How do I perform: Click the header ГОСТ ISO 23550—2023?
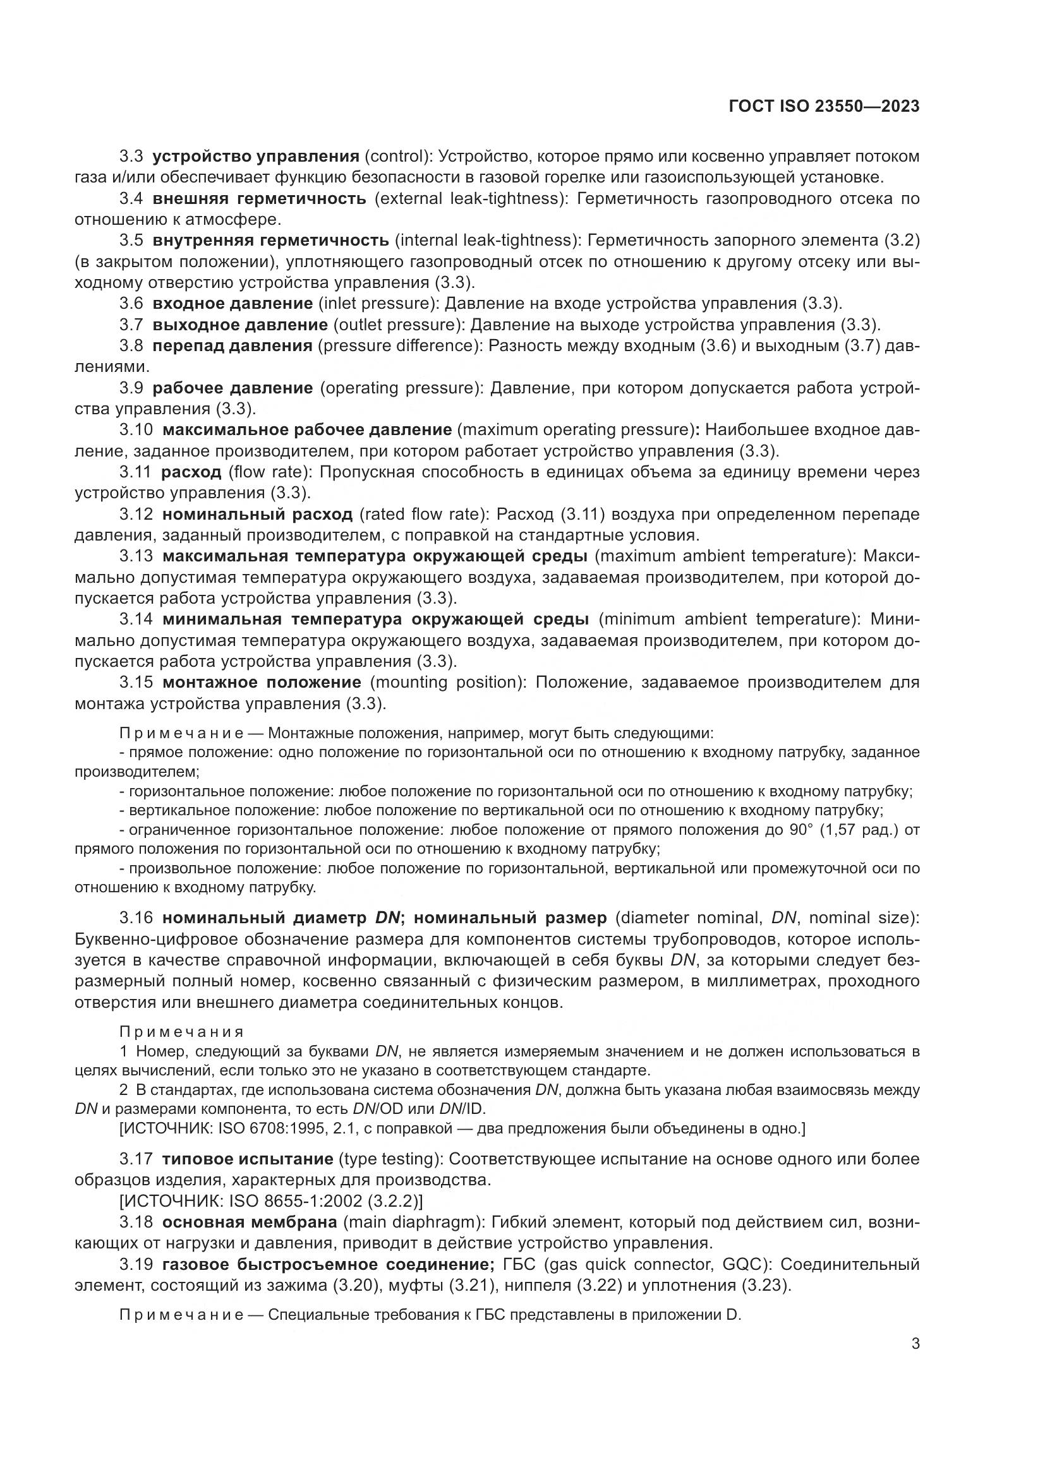coord(824,106)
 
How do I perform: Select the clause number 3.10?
coord(136,430)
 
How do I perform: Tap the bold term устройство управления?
coord(255,157)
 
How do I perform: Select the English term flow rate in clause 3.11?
coord(270,472)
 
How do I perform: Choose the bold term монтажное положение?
coord(262,682)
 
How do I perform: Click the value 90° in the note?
coord(802,830)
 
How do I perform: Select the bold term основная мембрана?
coord(249,1222)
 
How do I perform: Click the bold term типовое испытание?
coord(247,1159)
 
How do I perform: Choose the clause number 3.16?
coord(136,918)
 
